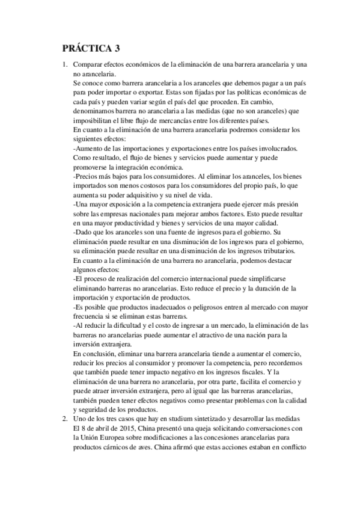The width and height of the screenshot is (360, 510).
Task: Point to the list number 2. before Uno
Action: click(x=64, y=419)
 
